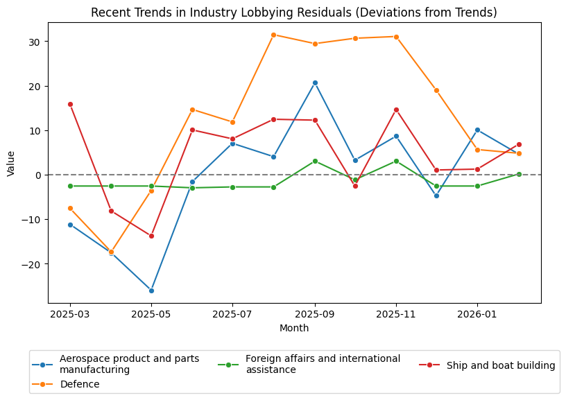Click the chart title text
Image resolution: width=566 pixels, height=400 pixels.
point(294,12)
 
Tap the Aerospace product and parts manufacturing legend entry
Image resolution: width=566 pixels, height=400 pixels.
point(129,364)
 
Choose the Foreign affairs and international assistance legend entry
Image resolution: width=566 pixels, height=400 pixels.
point(323,364)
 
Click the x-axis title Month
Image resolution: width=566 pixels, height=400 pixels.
point(294,328)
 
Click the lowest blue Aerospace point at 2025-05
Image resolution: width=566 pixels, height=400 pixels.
point(151,290)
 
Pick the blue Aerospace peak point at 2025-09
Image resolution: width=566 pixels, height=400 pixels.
point(315,82)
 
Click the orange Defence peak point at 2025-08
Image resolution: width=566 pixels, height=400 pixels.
point(273,35)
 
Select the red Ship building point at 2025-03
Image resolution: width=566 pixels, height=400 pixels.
point(70,104)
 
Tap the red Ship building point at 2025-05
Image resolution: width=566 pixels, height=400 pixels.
point(151,236)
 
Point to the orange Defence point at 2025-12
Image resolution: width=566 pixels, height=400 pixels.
point(436,90)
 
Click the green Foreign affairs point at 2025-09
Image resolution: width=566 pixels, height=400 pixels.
point(315,161)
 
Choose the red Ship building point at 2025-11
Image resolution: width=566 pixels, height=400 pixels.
point(396,110)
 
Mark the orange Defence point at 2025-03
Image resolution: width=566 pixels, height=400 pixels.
point(70,208)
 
